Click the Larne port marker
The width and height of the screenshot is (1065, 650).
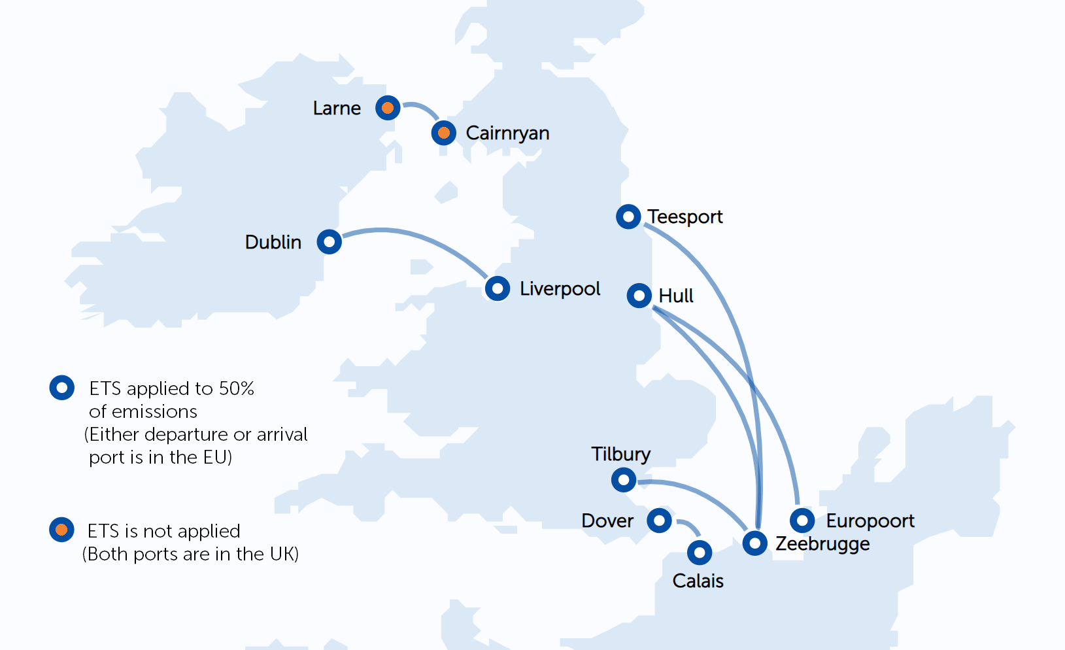pos(388,107)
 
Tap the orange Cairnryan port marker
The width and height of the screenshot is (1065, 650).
pos(444,133)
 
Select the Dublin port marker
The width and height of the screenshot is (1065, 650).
pos(329,242)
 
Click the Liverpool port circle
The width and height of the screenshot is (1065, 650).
pos(498,288)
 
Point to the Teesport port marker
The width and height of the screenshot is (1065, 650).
pos(628,216)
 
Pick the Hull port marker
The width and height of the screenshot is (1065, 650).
pos(639,296)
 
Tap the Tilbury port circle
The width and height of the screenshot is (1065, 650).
pos(624,480)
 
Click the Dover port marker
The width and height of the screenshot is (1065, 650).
pos(659,521)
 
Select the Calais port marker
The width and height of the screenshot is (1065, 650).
pos(700,553)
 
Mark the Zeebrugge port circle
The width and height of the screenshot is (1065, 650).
pos(754,543)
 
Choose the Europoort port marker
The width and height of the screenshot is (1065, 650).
pos(802,521)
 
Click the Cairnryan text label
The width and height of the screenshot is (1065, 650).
pos(507,133)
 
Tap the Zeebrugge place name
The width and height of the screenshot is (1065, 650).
pos(822,544)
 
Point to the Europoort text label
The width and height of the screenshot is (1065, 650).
pos(870,521)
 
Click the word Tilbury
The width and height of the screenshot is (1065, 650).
pos(620,454)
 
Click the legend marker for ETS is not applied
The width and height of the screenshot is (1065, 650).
pos(61,530)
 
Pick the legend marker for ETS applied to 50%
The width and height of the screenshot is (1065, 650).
pos(62,388)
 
